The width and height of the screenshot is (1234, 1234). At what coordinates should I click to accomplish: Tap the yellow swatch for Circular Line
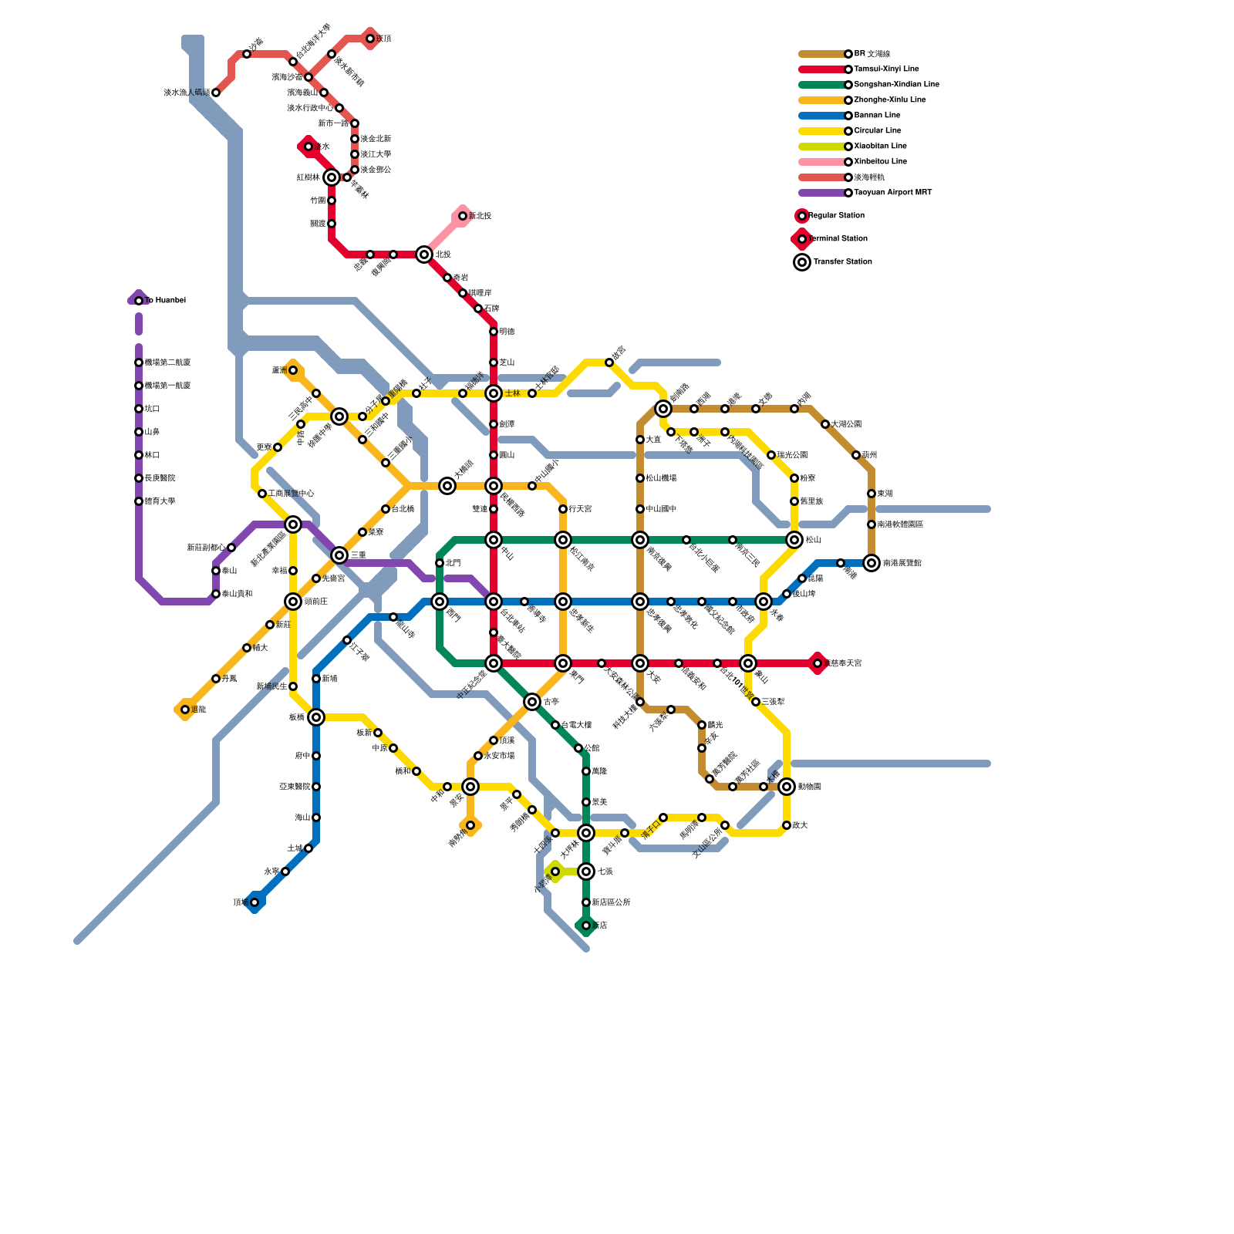tap(822, 131)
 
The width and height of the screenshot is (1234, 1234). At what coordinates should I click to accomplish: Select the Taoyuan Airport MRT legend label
tap(892, 193)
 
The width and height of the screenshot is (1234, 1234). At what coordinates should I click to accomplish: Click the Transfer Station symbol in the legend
tap(802, 262)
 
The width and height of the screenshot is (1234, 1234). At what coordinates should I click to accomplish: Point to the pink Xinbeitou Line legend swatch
tap(822, 162)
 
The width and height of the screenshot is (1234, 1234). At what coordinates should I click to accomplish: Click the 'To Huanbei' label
tap(165, 301)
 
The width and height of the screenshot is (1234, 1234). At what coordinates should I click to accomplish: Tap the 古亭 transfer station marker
tap(532, 702)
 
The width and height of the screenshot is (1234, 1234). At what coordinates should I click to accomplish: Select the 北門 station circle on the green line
tap(440, 563)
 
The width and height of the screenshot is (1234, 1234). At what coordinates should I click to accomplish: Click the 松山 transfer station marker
tap(794, 540)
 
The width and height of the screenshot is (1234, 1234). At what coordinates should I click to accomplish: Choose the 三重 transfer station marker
tap(339, 555)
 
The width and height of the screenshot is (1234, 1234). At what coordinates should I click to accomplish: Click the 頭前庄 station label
tap(316, 602)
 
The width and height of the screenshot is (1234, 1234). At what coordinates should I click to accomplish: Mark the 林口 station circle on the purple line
tap(139, 455)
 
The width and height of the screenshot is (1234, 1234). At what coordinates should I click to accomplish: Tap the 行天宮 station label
tap(580, 509)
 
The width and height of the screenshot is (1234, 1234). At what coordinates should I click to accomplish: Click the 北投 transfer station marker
tap(424, 255)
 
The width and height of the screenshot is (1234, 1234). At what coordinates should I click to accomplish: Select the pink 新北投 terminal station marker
tap(463, 216)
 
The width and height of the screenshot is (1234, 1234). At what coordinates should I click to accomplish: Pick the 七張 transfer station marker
tap(586, 872)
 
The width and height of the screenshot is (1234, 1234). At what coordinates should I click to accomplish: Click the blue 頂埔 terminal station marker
tap(255, 902)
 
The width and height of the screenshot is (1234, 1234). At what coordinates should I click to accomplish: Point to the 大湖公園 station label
tap(846, 424)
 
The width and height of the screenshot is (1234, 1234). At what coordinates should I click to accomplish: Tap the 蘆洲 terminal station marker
tap(293, 370)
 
